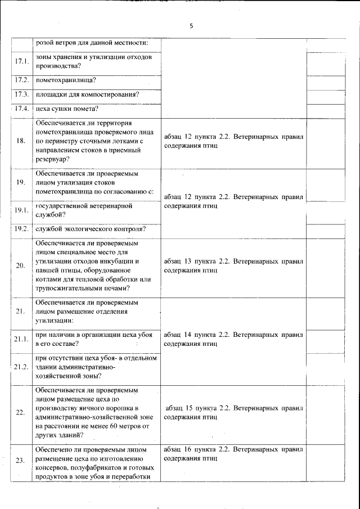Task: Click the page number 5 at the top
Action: pos(191,26)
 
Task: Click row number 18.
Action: pos(21,141)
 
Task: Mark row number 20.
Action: pos(21,265)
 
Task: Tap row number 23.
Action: pos(21,461)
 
